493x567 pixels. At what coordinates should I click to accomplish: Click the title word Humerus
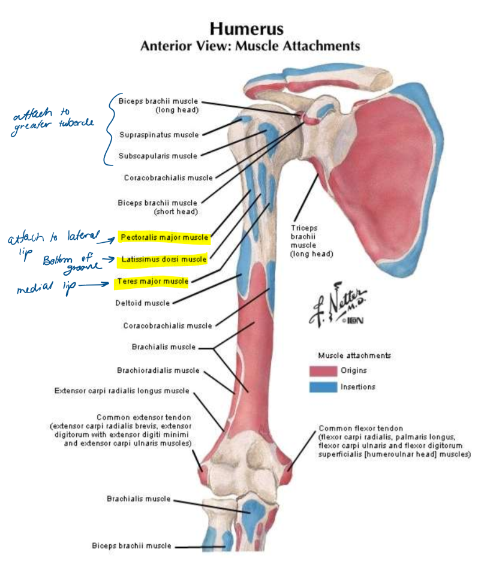[x=246, y=29]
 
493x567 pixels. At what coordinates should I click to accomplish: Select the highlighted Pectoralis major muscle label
[x=164, y=238]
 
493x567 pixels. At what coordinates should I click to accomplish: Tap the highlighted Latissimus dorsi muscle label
[x=163, y=260]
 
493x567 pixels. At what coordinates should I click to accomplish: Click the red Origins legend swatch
[x=323, y=370]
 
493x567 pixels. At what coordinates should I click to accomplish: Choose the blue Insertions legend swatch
[x=323, y=387]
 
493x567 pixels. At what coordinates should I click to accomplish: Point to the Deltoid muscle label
[x=142, y=303]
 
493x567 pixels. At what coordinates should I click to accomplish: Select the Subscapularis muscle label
[x=158, y=156]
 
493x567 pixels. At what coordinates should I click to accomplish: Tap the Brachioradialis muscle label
[x=158, y=370]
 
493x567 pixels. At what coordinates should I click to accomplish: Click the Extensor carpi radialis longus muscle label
[x=122, y=391]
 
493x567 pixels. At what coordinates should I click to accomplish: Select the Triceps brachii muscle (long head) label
[x=311, y=241]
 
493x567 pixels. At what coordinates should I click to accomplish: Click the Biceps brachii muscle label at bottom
[x=131, y=546]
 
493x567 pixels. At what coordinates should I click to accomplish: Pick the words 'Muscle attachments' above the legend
[x=354, y=355]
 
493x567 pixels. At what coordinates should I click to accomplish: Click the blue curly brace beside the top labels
[x=108, y=129]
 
